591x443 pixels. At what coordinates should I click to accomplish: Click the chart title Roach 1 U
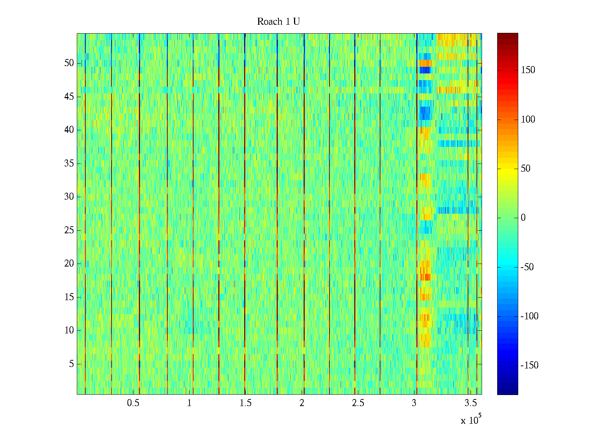[278, 22]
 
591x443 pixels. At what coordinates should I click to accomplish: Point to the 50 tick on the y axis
[69, 63]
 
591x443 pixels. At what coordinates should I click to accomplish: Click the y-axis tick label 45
[69, 97]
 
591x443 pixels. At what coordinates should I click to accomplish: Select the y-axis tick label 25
[69, 230]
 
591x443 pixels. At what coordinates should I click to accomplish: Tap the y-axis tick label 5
[71, 364]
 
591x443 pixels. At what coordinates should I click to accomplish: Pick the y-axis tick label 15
[69, 297]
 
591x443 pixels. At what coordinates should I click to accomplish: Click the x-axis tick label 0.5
[133, 403]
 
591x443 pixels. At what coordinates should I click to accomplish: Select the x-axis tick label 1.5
[246, 403]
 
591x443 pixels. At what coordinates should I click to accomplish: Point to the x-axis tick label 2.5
[358, 403]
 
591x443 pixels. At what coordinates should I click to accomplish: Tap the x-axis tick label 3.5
[471, 403]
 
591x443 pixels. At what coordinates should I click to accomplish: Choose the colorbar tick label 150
[528, 70]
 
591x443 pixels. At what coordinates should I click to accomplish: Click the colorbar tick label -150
[529, 365]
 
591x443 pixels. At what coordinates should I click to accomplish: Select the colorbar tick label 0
[523, 218]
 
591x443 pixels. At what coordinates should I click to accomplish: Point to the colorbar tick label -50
[527, 267]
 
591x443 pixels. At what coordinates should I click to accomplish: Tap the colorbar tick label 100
[528, 120]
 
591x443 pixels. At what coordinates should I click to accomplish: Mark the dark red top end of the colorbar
[508, 35]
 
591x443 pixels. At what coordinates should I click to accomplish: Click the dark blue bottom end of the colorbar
[508, 393]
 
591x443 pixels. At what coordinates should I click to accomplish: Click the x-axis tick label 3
[414, 403]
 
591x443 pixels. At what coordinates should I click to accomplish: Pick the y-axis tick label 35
[69, 164]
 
